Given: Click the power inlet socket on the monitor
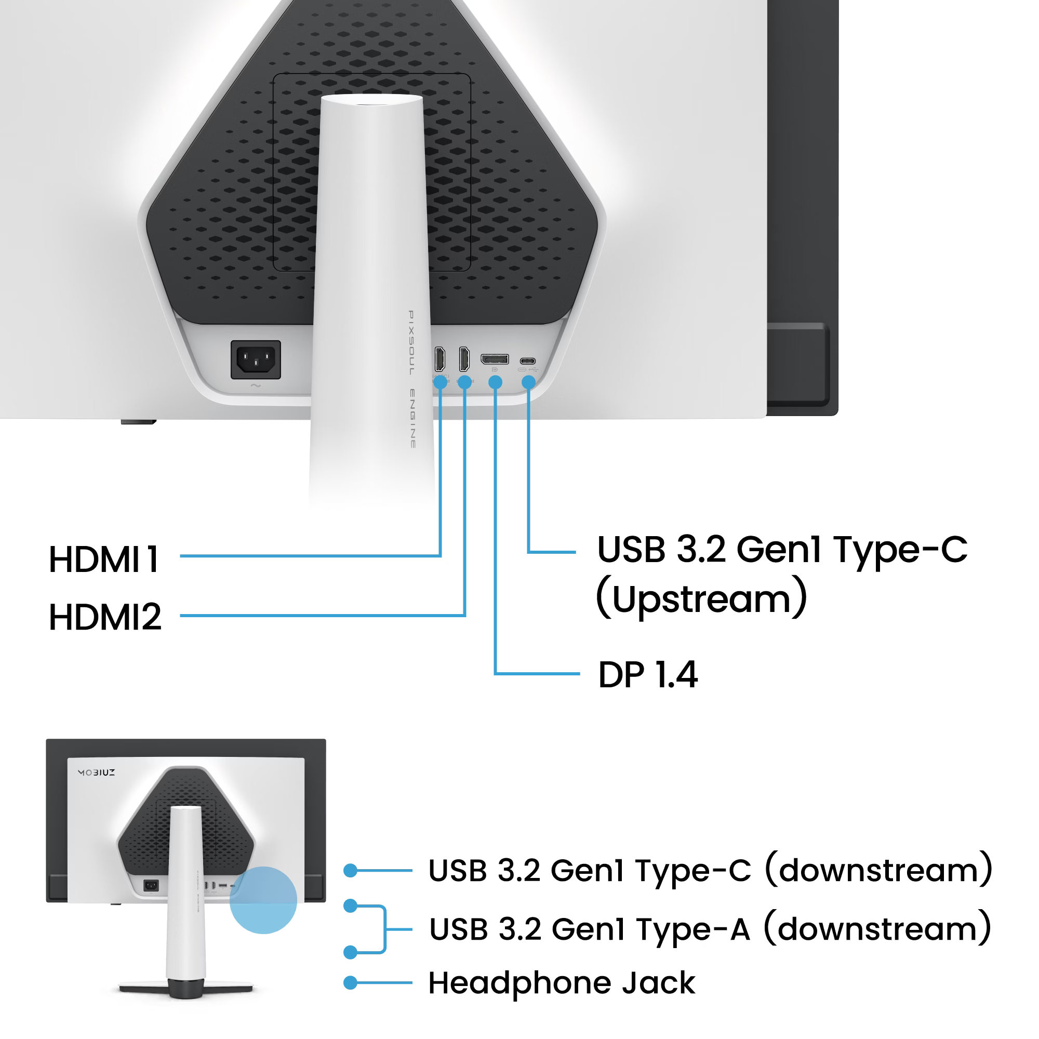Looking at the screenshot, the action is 256,359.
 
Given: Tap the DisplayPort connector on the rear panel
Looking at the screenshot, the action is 495,358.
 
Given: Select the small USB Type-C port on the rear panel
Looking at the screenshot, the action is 528,361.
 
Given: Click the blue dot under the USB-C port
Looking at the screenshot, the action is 529,382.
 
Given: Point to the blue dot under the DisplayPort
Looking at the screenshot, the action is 495,382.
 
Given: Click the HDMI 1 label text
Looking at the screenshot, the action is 104,560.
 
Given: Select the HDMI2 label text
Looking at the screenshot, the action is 105,616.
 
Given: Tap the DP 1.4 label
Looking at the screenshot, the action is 648,674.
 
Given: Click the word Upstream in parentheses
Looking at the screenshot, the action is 702,597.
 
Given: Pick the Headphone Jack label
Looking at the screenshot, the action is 562,982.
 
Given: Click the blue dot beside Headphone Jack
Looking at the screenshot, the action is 351,982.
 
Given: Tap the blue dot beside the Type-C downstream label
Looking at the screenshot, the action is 351,870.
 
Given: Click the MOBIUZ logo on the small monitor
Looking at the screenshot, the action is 97,772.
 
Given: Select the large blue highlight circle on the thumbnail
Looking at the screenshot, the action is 263,900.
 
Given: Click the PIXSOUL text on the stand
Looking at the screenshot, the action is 411,342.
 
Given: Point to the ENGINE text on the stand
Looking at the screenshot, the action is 412,418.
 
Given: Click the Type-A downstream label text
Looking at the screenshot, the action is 710,929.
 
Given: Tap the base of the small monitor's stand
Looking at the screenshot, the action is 185,989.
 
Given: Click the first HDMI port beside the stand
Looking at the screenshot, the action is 439,358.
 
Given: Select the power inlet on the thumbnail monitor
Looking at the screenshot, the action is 151,885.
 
